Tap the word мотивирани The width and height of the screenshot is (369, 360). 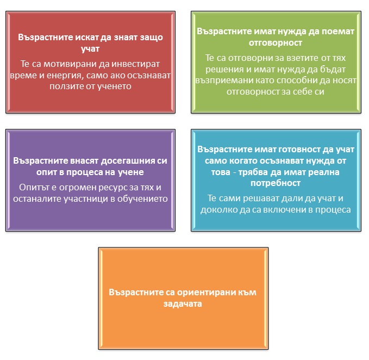click(x=70, y=64)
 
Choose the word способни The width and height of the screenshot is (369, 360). click(x=296, y=80)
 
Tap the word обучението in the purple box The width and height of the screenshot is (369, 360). click(x=142, y=199)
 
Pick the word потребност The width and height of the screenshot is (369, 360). click(x=276, y=183)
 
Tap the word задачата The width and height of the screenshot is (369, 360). click(x=183, y=304)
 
